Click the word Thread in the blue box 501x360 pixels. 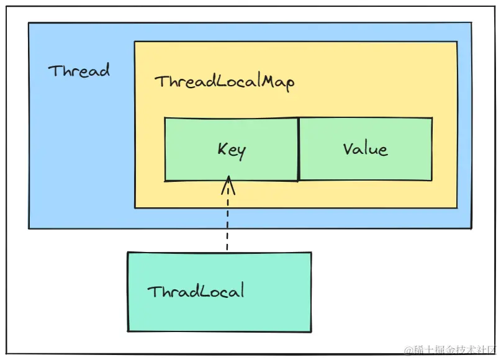point(79,70)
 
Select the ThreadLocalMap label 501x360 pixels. point(224,82)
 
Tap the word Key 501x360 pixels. point(232,150)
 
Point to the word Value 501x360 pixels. point(365,149)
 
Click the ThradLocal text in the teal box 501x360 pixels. point(196,290)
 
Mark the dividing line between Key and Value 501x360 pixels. point(299,149)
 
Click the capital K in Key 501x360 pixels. point(222,149)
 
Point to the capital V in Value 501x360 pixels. point(348,149)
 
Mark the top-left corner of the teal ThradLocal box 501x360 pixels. point(128,253)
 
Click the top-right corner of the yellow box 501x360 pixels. point(457,42)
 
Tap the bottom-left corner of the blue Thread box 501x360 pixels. point(29,228)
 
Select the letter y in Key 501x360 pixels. point(241,151)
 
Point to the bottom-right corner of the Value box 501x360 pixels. point(431,180)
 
